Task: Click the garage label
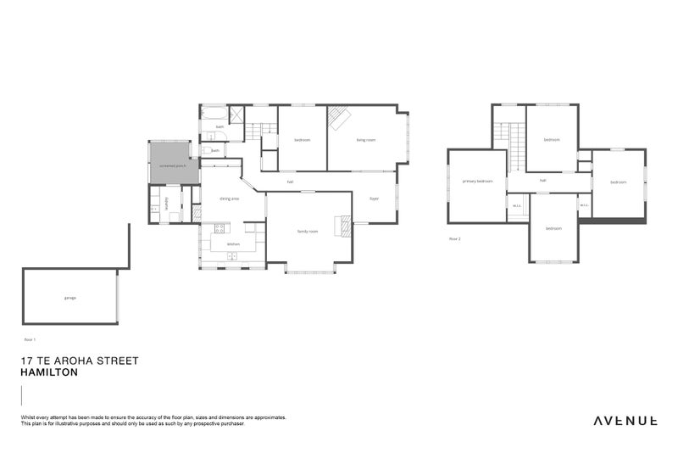click(70, 298)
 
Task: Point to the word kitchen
click(233, 243)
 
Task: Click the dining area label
click(229, 199)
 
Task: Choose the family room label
click(307, 231)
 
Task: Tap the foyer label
click(374, 199)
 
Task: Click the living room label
click(366, 140)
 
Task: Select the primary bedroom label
click(477, 181)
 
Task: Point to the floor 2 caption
click(455, 239)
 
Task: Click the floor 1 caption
click(30, 338)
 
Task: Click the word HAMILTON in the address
click(50, 372)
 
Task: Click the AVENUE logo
click(625, 419)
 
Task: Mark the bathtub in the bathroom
click(214, 113)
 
